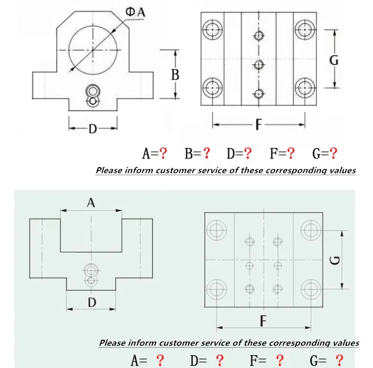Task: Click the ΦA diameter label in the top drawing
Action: pyautogui.click(x=135, y=12)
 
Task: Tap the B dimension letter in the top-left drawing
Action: pyautogui.click(x=175, y=75)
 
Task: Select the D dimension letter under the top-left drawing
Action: pyautogui.click(x=93, y=129)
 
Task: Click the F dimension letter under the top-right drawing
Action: pyautogui.click(x=258, y=125)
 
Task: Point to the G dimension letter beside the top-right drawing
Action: pyautogui.click(x=334, y=60)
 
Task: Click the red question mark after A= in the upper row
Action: pyautogui.click(x=163, y=153)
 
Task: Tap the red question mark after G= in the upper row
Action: pyautogui.click(x=333, y=153)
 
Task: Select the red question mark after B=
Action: pyautogui.click(x=206, y=153)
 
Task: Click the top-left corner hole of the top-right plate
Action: pyautogui.click(x=212, y=30)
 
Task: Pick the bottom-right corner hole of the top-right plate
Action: pyautogui.click(x=303, y=87)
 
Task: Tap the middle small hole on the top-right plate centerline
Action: pyautogui.click(x=259, y=65)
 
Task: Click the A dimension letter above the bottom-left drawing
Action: pyautogui.click(x=91, y=203)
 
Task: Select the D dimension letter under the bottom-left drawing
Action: pyautogui.click(x=92, y=302)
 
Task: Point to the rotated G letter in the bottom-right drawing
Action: pyautogui.click(x=335, y=260)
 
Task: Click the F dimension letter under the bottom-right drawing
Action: pyautogui.click(x=263, y=322)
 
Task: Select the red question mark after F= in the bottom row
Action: pyautogui.click(x=280, y=360)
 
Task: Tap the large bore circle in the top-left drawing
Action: pyautogui.click(x=93, y=50)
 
